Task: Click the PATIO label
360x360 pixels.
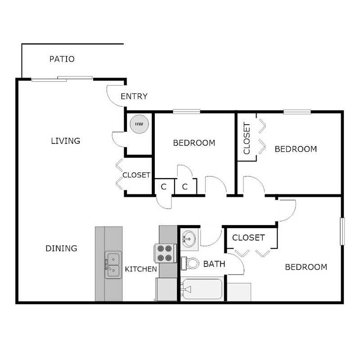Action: coord(62,59)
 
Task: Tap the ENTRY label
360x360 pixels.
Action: coord(134,96)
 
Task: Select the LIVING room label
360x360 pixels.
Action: coord(65,141)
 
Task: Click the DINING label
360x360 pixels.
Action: coord(61,248)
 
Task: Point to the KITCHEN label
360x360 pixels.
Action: coord(141,269)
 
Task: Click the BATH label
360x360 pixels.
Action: coord(214,264)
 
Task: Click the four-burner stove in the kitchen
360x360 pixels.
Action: coord(165,253)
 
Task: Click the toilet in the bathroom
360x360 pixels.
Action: coord(190,263)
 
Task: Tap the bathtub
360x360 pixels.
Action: coord(202,289)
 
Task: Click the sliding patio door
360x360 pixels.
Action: coord(62,79)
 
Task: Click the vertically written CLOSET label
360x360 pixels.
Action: coord(247,139)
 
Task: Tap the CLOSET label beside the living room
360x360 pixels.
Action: coord(136,175)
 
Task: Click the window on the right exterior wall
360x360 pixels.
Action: coord(342,231)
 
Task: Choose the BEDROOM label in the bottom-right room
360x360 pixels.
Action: coord(306,267)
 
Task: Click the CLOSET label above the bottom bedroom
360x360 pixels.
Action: coord(248,237)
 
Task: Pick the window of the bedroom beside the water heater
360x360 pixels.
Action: coord(186,112)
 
